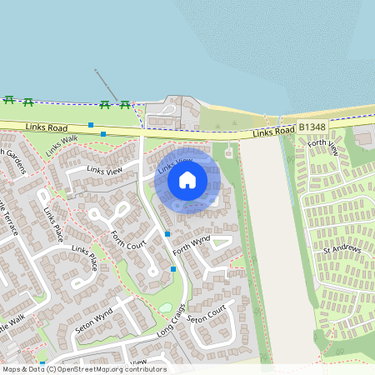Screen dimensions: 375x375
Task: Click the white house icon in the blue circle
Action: tap(187, 179)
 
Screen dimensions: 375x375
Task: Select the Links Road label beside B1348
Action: tap(274, 132)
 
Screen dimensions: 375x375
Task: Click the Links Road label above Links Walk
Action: tap(46, 127)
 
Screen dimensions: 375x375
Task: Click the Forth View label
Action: tap(322, 148)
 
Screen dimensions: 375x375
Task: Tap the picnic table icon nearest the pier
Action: tap(106, 104)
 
